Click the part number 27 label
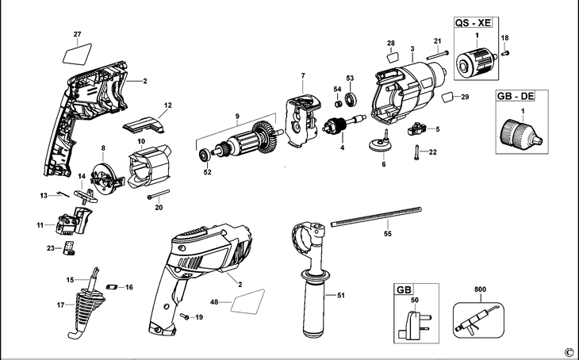coord(77,34)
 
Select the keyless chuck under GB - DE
coord(518,134)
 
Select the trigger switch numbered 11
coord(73,220)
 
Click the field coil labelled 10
coord(146,167)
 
